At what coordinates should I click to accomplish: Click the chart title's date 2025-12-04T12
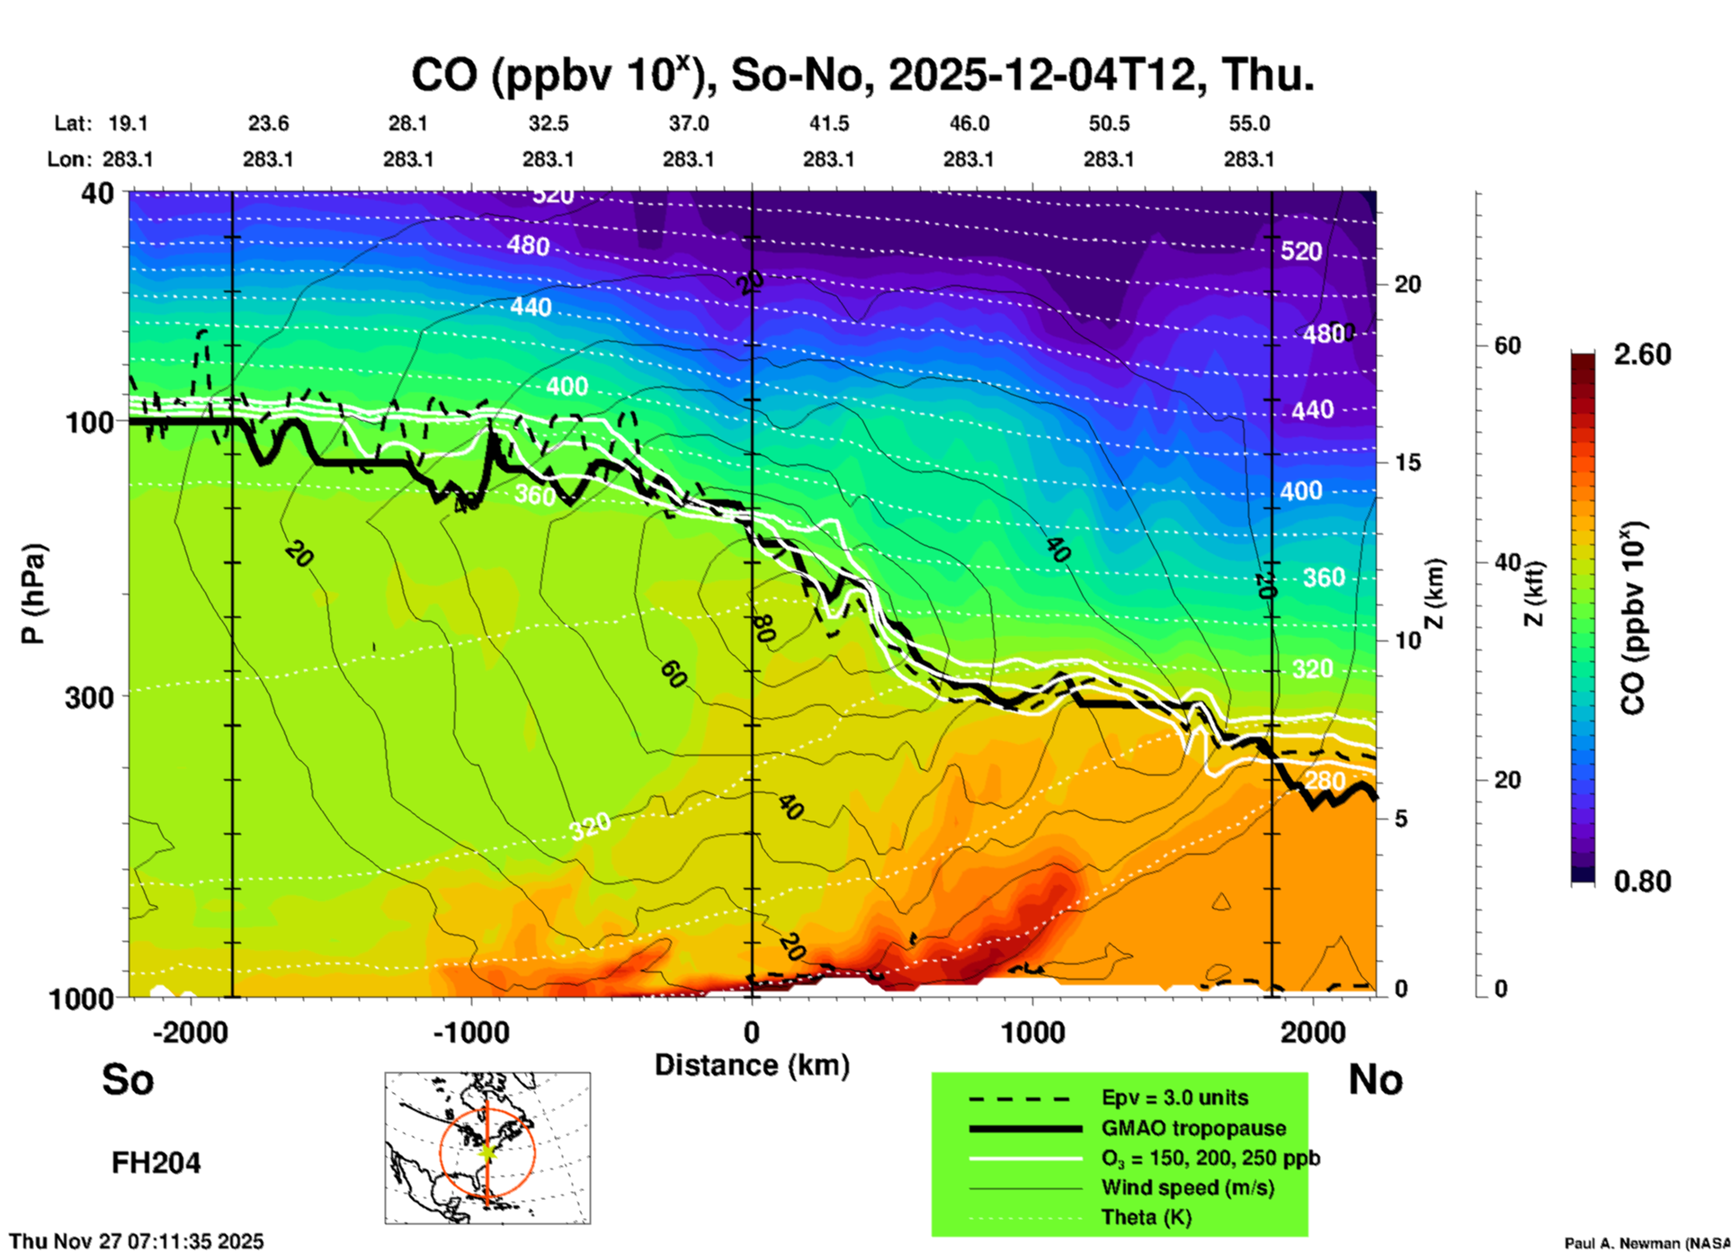1047,75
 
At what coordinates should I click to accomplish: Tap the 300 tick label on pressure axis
90,697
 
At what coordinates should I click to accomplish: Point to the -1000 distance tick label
469,1033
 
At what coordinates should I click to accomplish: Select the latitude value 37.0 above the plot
688,123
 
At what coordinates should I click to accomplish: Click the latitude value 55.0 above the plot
1249,123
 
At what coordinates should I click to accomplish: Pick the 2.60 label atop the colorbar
1642,354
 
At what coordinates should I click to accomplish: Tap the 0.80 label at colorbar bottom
1642,882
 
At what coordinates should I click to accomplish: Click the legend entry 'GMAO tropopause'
1193,1128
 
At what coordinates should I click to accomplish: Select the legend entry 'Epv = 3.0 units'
1174,1098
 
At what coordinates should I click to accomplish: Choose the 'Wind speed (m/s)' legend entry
1187,1188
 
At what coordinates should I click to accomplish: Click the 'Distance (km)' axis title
752,1065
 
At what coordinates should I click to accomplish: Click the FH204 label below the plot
156,1163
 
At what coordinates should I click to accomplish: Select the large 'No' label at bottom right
1375,1079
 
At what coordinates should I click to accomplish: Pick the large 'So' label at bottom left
128,1079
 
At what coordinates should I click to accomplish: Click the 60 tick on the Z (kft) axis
1507,346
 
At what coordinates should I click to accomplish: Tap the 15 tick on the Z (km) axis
1407,463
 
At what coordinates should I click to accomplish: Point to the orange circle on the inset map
441,1151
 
